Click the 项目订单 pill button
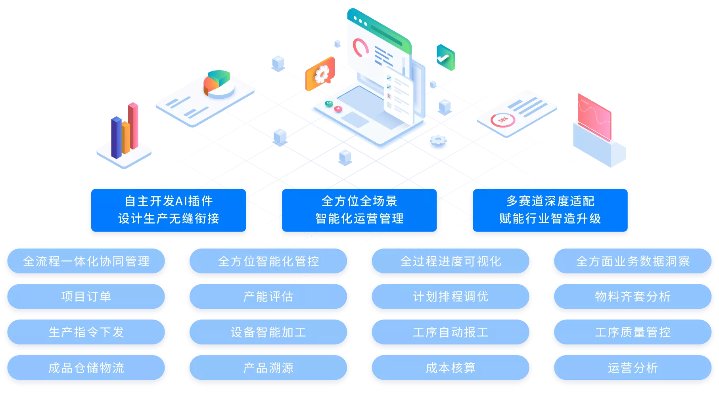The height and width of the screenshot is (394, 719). point(86,296)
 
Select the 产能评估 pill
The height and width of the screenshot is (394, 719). point(268,296)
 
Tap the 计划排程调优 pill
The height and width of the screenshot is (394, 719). point(451,296)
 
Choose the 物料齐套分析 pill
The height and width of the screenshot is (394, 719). point(633,296)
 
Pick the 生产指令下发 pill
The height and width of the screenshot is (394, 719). point(86,332)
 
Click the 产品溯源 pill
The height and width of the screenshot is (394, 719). point(268,368)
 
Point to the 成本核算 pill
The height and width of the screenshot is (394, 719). point(451,368)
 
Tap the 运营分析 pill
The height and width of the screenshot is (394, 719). point(633,368)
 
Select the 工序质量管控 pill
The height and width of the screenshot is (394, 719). point(633,332)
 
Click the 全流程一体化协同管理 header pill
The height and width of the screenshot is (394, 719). point(86,261)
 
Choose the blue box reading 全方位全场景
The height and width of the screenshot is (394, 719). point(359,210)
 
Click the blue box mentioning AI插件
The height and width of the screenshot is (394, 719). point(169,210)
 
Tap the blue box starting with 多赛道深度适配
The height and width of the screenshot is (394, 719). point(550,210)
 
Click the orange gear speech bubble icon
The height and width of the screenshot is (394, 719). point(320,74)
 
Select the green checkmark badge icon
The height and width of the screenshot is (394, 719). point(446,57)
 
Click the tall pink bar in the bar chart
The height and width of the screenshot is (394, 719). point(133,126)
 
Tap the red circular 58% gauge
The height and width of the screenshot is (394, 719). point(502,120)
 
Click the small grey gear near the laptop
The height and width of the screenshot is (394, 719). point(438,140)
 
